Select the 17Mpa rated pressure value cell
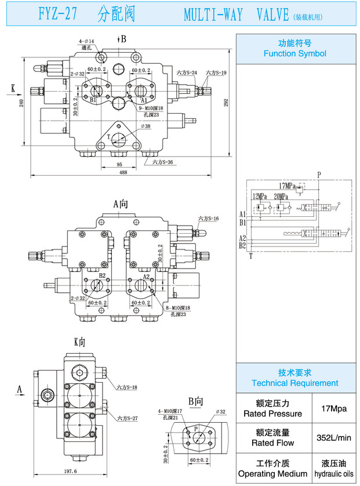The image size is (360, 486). tap(333, 408)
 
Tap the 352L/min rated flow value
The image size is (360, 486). tap(333, 437)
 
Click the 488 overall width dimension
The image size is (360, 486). tap(123, 172)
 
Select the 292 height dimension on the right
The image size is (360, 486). tap(227, 103)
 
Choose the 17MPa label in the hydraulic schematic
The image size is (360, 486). tap(287, 186)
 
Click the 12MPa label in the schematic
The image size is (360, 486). tap(260, 196)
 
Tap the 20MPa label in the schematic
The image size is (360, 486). tap(282, 196)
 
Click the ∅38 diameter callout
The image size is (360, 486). tap(145, 126)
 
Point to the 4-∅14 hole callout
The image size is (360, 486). tap(86, 41)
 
